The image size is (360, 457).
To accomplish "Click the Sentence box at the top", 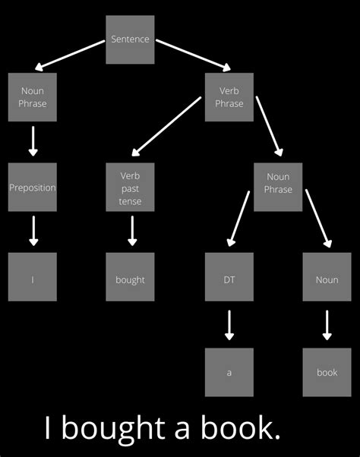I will point(130,39).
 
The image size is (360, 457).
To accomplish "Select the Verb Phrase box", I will point(229,97).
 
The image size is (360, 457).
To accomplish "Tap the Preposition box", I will point(33,187).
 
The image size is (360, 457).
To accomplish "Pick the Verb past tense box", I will point(130,187).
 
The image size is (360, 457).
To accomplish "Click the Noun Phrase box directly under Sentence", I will point(33,97).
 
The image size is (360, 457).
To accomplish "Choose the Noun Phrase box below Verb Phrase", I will point(278,187).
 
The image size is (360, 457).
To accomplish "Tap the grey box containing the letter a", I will point(229,372).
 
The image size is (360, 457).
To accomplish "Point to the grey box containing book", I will point(327,372).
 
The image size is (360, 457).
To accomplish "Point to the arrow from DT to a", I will point(229,325).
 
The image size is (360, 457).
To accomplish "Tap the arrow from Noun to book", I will point(327,325).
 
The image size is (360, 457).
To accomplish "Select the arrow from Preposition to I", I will point(33,230).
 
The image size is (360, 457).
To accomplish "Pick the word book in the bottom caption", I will point(240,429).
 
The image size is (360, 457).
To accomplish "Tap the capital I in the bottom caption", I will point(48,429).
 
